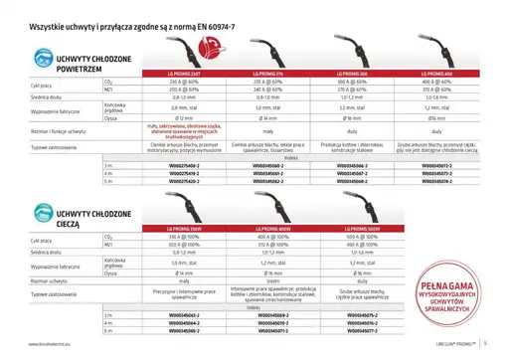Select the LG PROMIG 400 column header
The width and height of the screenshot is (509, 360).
pos(437,74)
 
